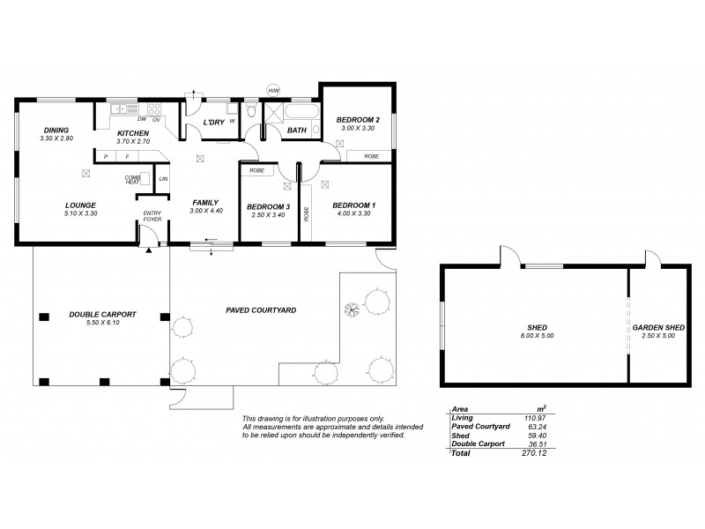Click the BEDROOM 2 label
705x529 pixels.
coord(358,120)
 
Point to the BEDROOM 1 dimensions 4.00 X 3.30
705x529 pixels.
coord(353,214)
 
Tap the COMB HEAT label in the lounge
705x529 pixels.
coord(132,179)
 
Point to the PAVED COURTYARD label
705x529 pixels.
coord(260,310)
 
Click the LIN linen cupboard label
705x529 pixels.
coord(164,180)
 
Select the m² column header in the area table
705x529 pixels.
coord(540,408)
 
